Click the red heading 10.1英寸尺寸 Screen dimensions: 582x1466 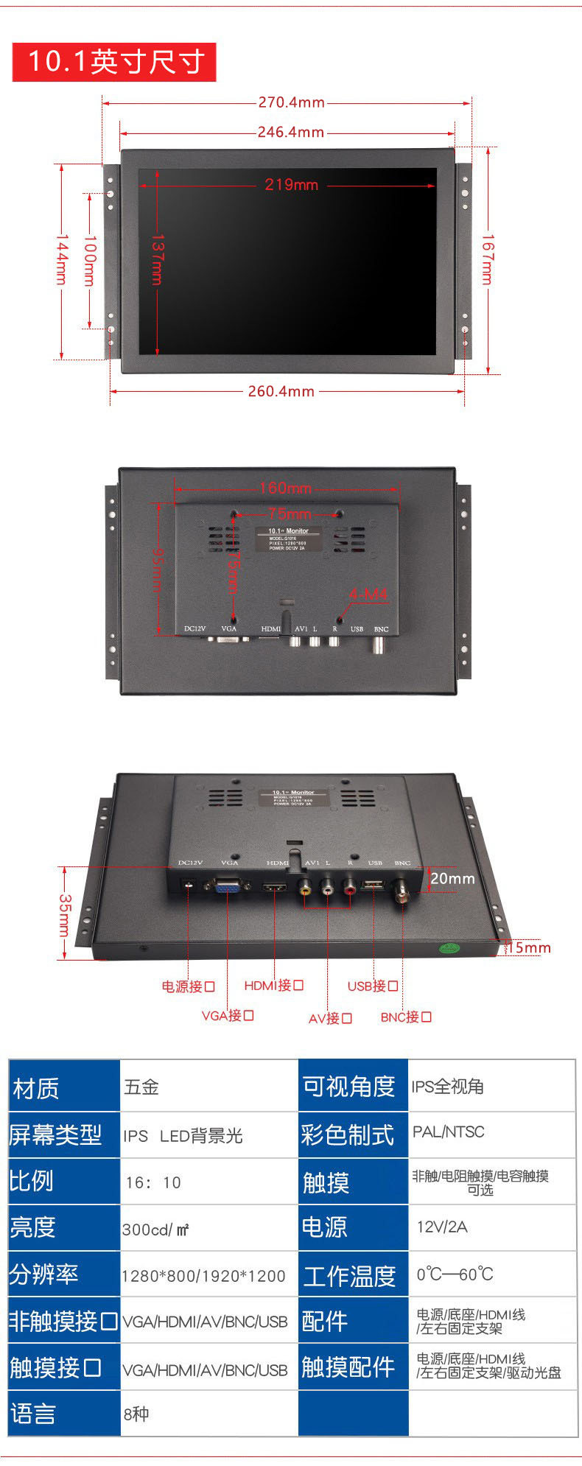[114, 62]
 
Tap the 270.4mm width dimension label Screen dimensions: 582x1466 [291, 102]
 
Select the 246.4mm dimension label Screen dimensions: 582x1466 [290, 133]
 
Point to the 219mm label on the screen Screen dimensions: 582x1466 [291, 184]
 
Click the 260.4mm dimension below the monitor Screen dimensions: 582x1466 [281, 391]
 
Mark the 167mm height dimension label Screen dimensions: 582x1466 [487, 259]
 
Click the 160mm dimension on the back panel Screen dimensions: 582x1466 [285, 488]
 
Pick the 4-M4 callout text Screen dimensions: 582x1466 [368, 594]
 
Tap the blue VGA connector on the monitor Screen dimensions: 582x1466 [227, 886]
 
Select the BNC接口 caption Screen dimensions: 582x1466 [406, 1017]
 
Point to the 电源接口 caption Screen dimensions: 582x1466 [188, 986]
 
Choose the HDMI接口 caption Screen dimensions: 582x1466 [273, 986]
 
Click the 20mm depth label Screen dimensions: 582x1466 [452, 879]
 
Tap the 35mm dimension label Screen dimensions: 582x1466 [65, 915]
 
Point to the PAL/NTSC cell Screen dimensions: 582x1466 [448, 1132]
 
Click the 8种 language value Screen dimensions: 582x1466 [136, 1414]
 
